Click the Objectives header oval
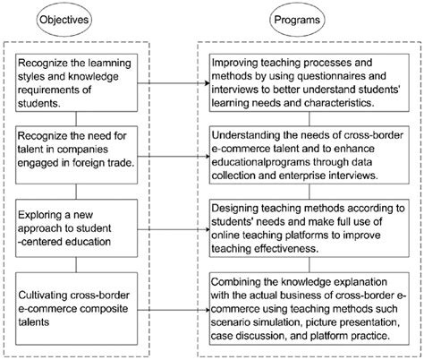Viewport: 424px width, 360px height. pos(77,18)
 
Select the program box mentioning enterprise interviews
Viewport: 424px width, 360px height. pos(309,153)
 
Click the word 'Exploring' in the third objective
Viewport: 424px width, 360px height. pos(45,206)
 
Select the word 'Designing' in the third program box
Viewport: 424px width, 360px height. pos(238,206)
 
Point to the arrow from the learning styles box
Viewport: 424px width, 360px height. pos(170,87)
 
